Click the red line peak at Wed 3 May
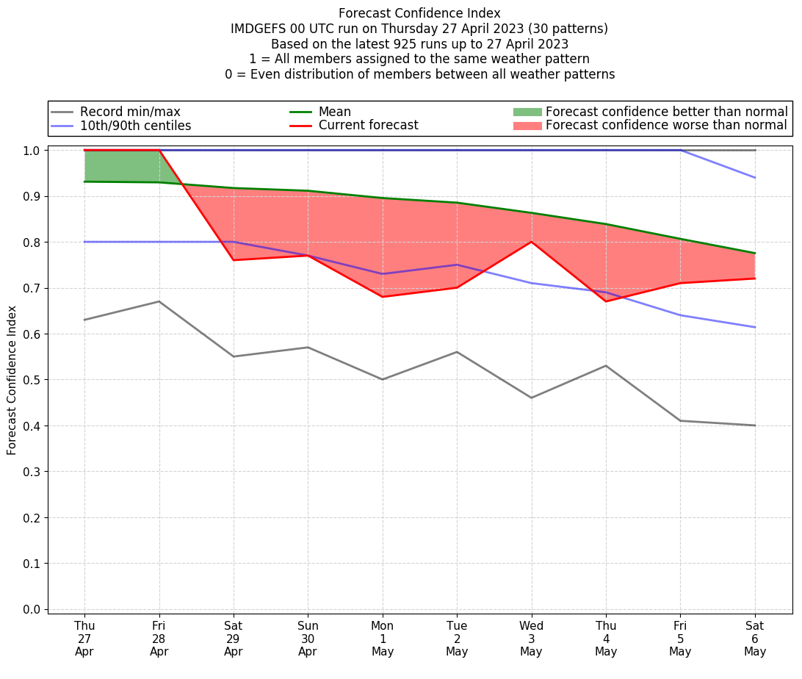pos(531,242)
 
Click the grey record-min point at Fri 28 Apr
pos(159,301)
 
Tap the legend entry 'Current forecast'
pos(368,126)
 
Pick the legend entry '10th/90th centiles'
pos(135,126)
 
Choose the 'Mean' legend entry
pos(334,112)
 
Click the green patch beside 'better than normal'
pos(527,112)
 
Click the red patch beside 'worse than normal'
pos(527,126)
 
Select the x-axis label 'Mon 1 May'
pos(383,639)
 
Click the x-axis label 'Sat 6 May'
pos(755,639)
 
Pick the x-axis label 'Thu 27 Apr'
pos(84,639)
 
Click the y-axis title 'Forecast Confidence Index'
pos(12,380)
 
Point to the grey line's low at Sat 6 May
pos(755,425)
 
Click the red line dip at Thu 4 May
pos(606,301)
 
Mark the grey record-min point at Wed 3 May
pos(531,398)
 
